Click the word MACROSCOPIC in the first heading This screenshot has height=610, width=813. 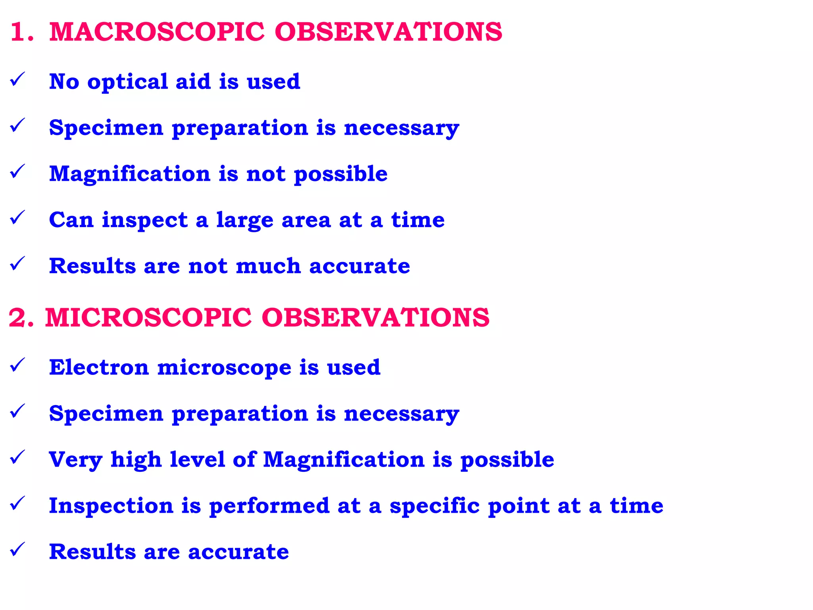tap(157, 32)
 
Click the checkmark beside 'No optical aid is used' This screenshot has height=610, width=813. tap(17, 79)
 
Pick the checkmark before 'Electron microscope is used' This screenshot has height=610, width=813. tap(17, 365)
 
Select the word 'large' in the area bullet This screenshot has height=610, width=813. tap(245, 221)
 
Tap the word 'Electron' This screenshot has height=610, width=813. tap(99, 367)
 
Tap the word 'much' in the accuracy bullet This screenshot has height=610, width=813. tap(268, 266)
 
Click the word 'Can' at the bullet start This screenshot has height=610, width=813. tap(71, 220)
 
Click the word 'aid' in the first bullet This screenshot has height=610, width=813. tap(193, 82)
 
